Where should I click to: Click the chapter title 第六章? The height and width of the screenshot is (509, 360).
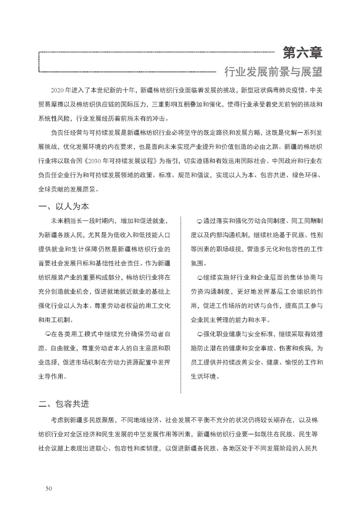302,52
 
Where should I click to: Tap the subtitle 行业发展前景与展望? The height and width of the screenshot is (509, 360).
273,72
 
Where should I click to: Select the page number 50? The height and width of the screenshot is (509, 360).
49,488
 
